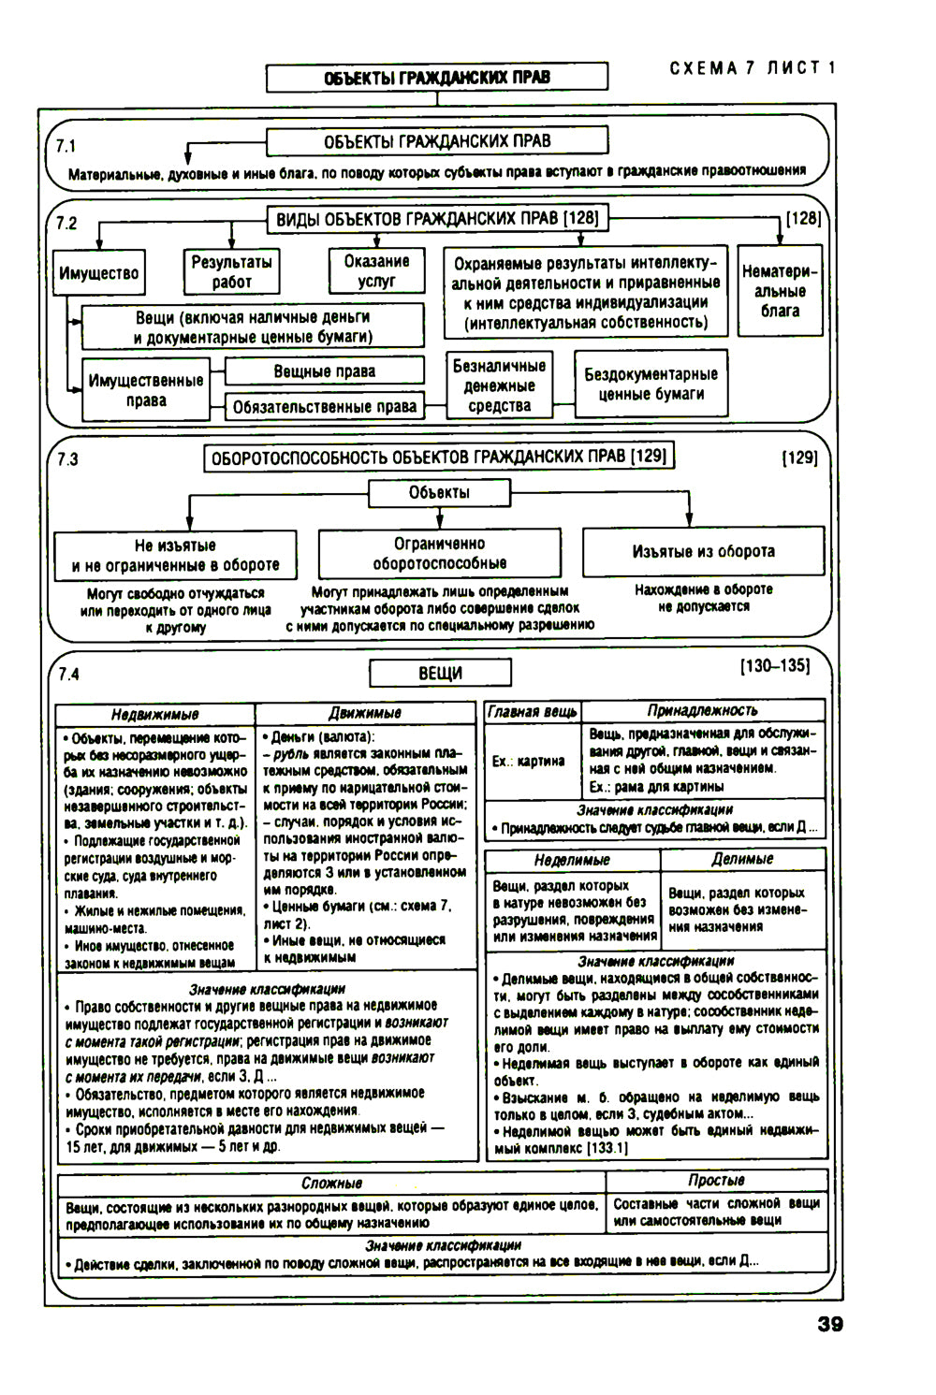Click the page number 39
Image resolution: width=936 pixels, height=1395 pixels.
tap(829, 1324)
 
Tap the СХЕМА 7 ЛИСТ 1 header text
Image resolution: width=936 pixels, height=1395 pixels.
tap(753, 68)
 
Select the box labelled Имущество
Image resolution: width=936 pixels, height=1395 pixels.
tap(98, 273)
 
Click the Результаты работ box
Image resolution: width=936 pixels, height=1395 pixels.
tap(231, 272)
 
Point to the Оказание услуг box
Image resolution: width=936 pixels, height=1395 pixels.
tap(376, 270)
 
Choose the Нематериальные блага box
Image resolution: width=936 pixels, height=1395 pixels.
tap(780, 291)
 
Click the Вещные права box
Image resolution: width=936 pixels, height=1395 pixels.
tap(324, 371)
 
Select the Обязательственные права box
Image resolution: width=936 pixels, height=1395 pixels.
tap(324, 407)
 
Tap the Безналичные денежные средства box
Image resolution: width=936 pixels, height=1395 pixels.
tap(499, 385)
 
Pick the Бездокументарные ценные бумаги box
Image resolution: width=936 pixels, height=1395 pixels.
tap(651, 384)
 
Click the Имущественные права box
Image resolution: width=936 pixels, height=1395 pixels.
tap(145, 390)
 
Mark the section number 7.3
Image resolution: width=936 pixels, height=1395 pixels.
tap(67, 459)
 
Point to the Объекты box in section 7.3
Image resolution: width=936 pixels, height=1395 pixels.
tap(439, 493)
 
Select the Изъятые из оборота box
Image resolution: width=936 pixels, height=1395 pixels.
tap(703, 552)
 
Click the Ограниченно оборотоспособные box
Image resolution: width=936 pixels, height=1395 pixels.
tap(439, 553)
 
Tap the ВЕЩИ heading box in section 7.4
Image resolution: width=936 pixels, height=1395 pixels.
tap(440, 673)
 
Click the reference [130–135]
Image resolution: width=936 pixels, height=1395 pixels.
tap(774, 666)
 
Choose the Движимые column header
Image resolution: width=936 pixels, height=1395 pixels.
tap(365, 713)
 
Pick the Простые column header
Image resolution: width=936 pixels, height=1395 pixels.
tap(716, 1181)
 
